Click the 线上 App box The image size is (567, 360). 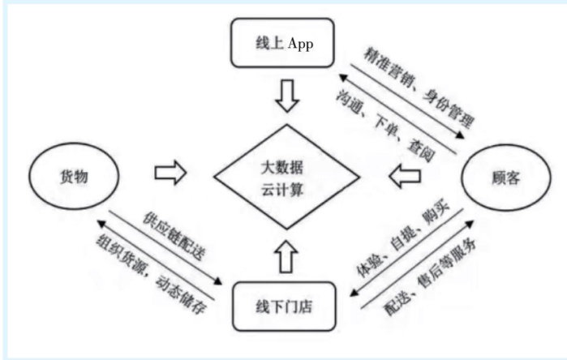pos(282,45)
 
